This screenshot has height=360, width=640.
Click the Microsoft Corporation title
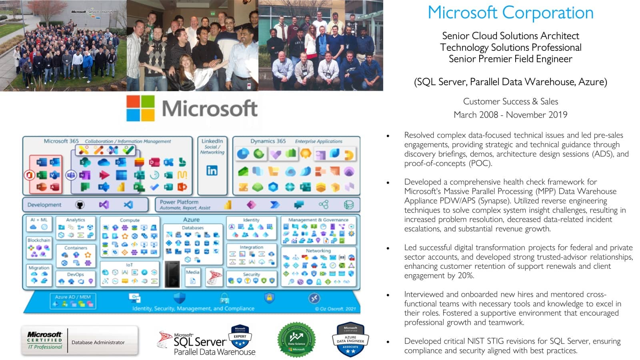tap(510, 13)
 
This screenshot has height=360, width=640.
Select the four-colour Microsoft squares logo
tap(140, 108)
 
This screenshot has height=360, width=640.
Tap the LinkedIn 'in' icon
tap(212, 171)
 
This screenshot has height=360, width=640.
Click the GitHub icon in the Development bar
tap(80, 205)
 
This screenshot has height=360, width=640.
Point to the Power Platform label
tap(179, 202)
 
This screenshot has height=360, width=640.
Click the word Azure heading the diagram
tap(191, 220)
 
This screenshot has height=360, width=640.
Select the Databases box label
tap(193, 228)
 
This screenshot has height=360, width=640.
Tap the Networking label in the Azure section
tap(318, 250)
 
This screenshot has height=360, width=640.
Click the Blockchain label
tap(39, 240)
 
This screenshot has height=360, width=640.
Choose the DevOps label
tap(75, 274)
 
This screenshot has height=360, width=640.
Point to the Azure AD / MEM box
tap(73, 301)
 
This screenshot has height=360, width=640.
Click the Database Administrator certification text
tap(98, 342)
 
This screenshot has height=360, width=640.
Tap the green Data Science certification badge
tap(296, 340)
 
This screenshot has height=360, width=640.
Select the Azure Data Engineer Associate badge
tap(350, 340)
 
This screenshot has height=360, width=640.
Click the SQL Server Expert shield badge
tap(240, 336)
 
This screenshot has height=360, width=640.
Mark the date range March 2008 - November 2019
tap(510, 115)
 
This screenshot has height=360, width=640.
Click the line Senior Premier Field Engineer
tap(510, 59)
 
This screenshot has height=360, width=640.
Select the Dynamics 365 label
tap(268, 141)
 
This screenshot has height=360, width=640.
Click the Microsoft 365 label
tap(61, 141)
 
